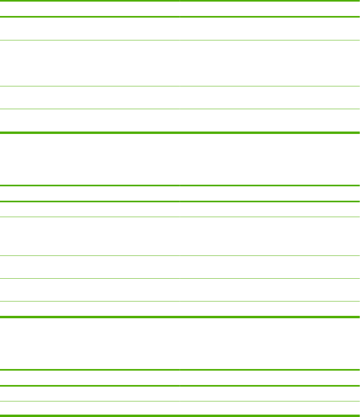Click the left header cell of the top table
click(90, 8)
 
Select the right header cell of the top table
click(270, 8)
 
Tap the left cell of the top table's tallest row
click(90, 63)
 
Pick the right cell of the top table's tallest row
click(270, 63)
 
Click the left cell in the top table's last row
click(90, 121)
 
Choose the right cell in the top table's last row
click(270, 121)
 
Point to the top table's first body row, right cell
click(270, 29)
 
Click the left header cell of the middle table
click(90, 194)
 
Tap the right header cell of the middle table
click(270, 194)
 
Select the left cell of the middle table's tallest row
click(90, 236)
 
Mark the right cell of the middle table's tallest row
click(270, 236)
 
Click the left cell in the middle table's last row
click(90, 309)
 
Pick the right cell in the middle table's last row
click(270, 309)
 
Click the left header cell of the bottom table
click(90, 378)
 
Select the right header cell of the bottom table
click(270, 378)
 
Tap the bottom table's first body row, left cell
click(90, 394)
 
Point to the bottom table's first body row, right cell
click(270, 394)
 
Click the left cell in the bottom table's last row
click(90, 409)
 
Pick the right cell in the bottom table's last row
click(270, 409)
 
